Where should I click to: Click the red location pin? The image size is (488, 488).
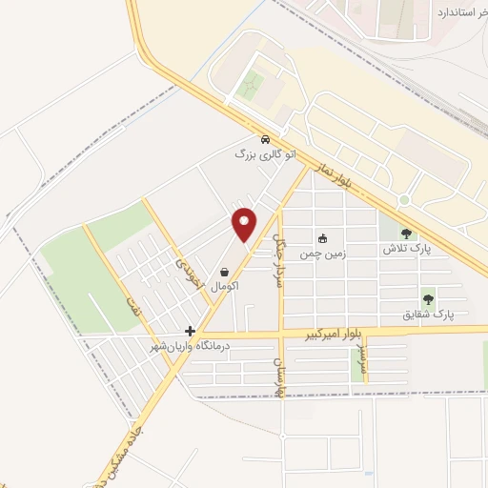point(245,223)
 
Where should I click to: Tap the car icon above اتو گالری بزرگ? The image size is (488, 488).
point(265,137)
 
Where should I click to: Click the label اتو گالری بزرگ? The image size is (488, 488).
point(265,153)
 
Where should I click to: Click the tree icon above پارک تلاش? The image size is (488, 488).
point(407,233)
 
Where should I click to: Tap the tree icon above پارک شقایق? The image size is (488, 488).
point(427,298)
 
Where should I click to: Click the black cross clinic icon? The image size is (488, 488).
point(192,332)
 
